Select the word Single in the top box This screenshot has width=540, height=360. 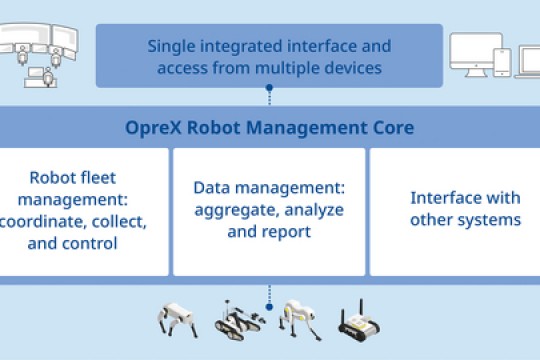[x=172, y=46]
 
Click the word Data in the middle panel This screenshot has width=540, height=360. [x=211, y=188]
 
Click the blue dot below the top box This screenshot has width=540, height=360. [x=269, y=88]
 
